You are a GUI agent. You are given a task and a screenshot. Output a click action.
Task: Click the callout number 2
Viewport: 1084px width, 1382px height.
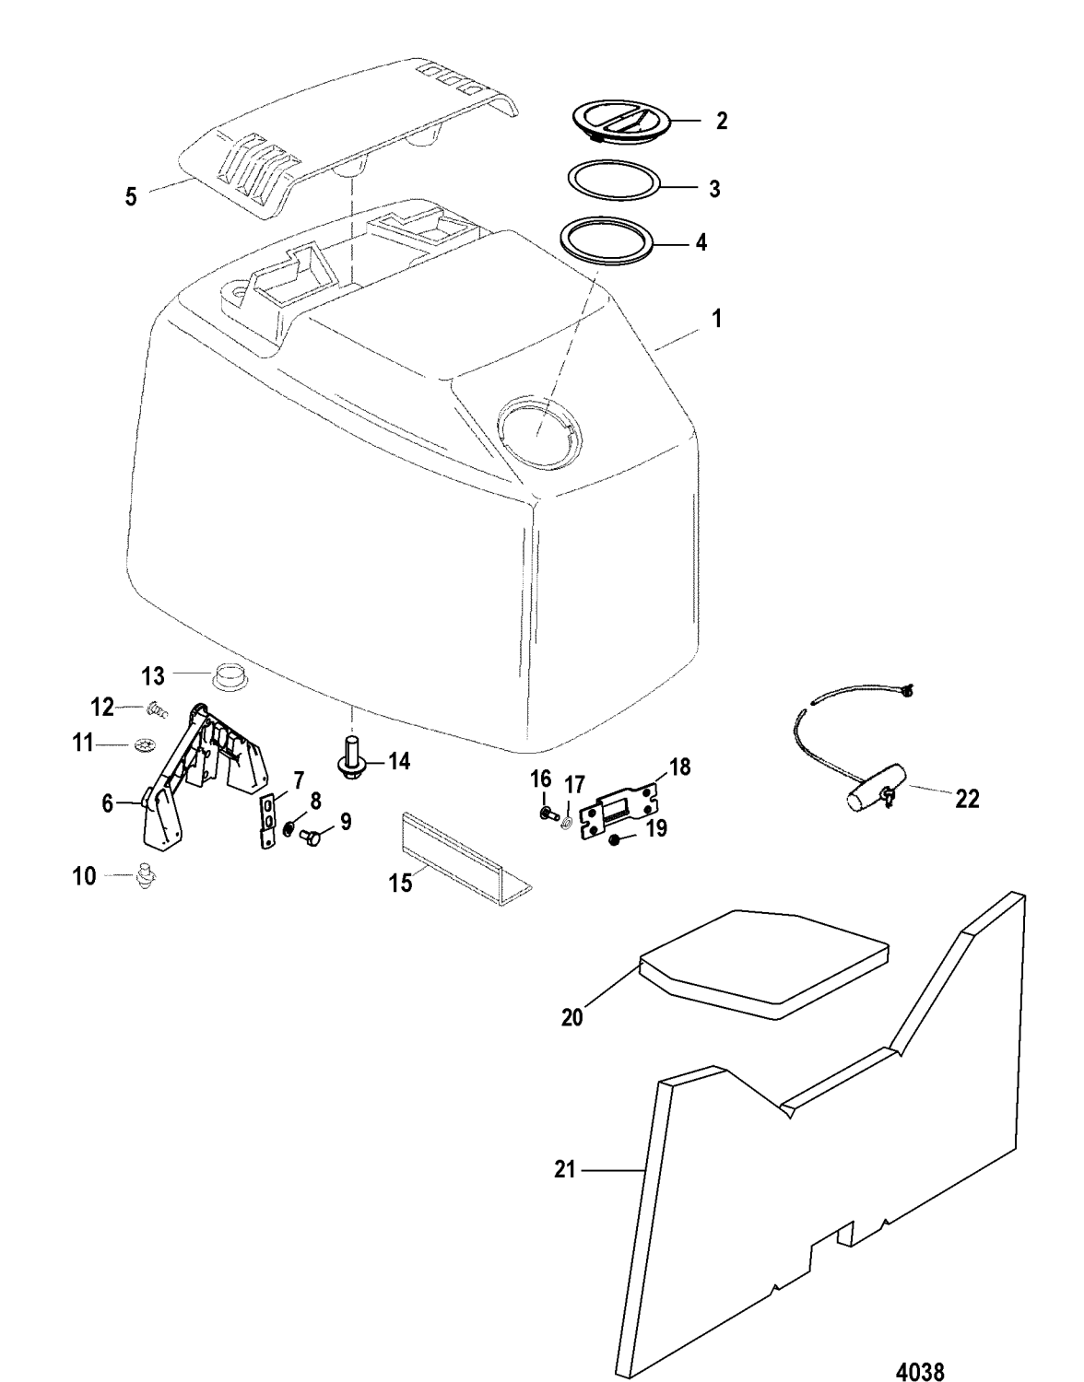[x=722, y=121]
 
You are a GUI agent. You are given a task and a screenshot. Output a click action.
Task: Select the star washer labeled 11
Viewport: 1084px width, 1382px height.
[x=144, y=743]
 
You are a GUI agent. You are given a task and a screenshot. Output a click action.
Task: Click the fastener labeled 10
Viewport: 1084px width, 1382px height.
[x=143, y=874]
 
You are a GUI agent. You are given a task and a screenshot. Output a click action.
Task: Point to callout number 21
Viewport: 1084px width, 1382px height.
[x=564, y=1170]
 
